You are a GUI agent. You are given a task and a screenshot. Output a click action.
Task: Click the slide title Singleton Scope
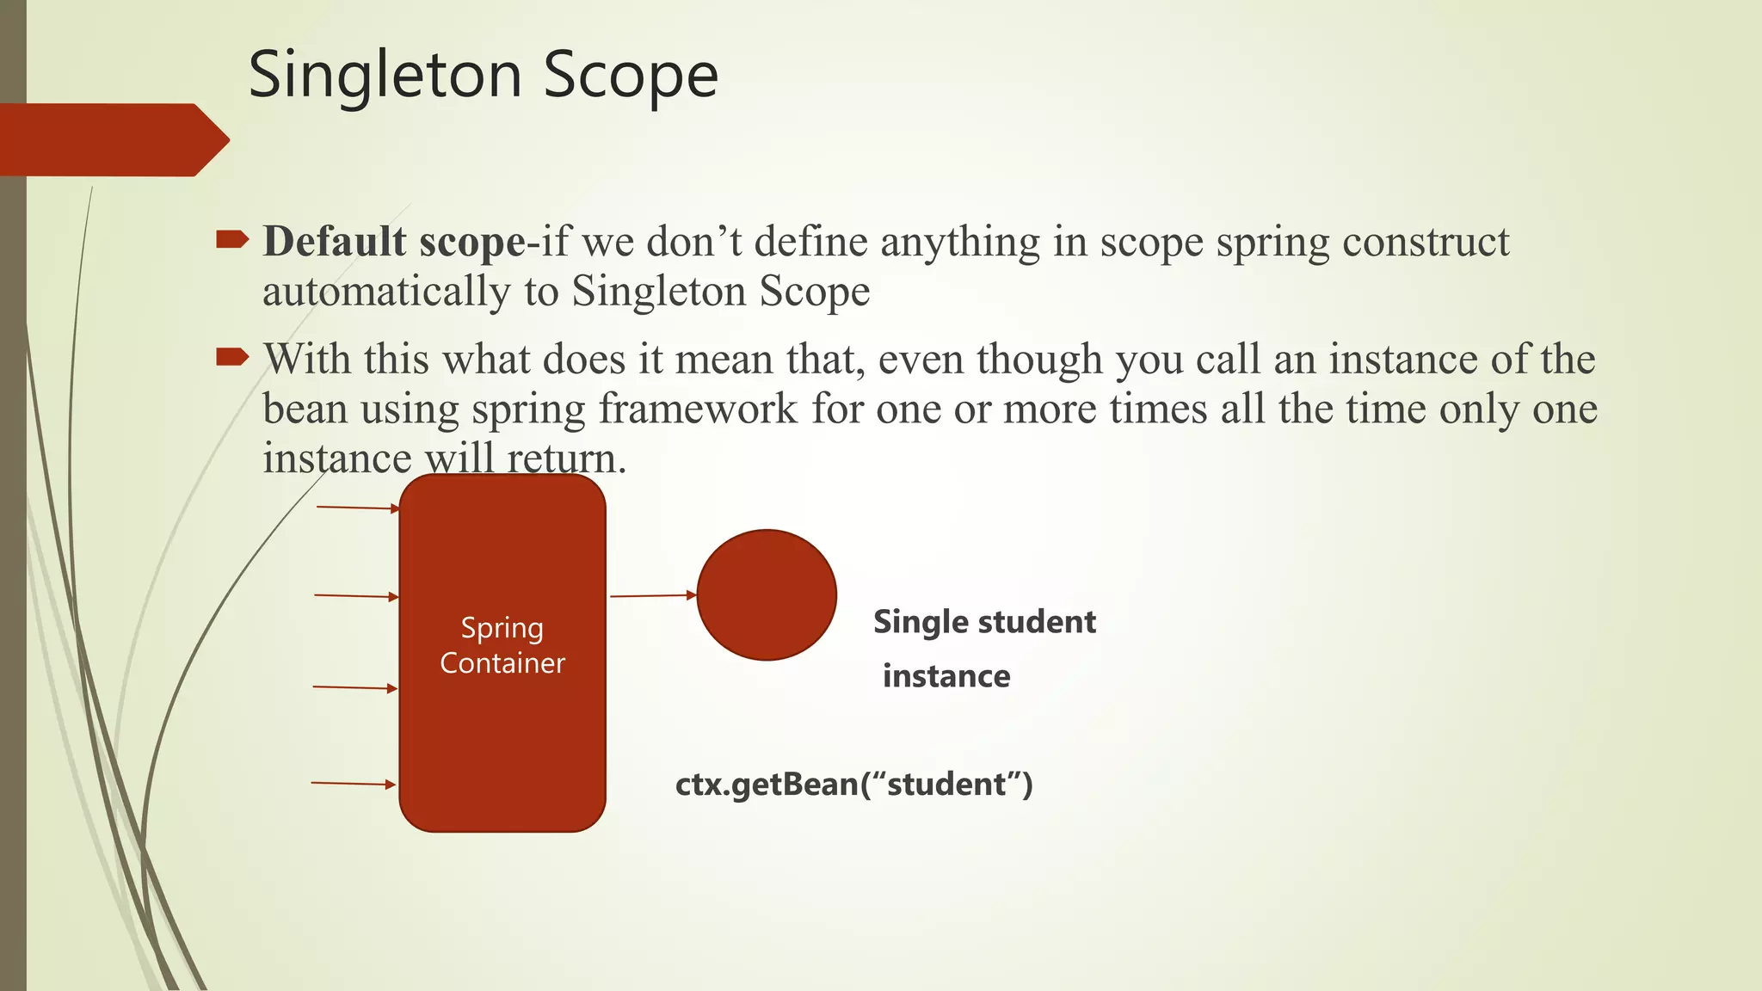point(483,76)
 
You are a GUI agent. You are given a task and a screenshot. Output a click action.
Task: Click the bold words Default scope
point(394,242)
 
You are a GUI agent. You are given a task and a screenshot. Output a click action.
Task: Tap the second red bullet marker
point(231,356)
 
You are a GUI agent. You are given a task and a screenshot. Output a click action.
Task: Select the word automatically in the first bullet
point(386,292)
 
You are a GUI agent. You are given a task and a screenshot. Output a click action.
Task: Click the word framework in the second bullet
point(698,409)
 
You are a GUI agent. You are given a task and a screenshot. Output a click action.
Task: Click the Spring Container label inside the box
point(502,645)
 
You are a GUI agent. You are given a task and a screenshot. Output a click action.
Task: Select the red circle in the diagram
point(766,594)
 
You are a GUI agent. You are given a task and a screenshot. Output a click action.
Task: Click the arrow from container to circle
point(652,595)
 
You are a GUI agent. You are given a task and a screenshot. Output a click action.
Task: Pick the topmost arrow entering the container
point(357,508)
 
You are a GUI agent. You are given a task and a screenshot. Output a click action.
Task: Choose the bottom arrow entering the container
point(353,784)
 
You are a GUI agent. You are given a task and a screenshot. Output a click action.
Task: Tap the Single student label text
point(984,622)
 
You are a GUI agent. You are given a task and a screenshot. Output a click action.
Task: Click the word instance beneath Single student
point(946,676)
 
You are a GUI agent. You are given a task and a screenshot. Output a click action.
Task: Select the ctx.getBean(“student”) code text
point(853,785)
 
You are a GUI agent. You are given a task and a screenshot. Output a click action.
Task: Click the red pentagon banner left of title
point(112,140)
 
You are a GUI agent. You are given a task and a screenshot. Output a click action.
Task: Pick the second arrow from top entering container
point(356,596)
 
